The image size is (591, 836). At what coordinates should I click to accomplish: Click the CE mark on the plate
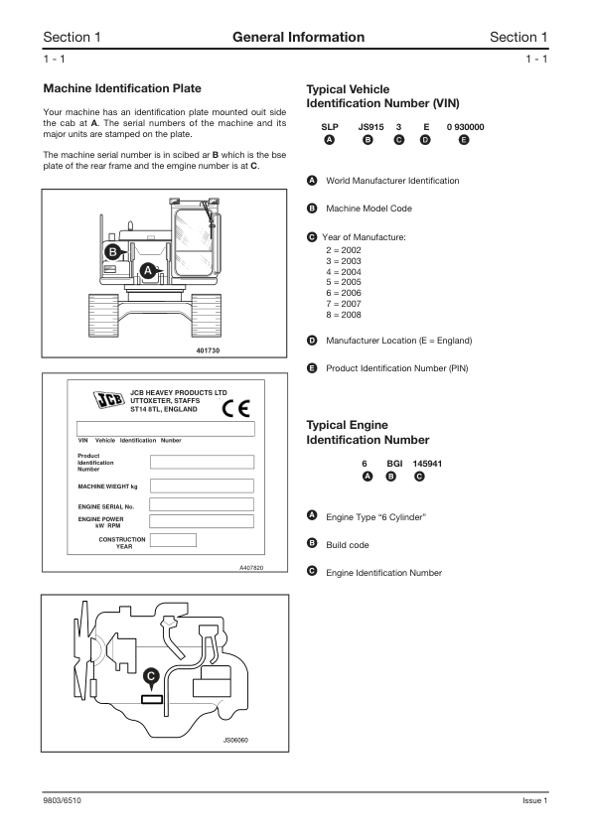pos(235,408)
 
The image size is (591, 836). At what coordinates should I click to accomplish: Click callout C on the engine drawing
pos(150,675)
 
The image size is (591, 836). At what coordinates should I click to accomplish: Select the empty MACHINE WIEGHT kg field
pos(202,486)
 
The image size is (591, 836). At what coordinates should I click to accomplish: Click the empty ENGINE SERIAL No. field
pos(202,505)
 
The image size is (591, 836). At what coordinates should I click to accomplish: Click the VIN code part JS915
pos(369,127)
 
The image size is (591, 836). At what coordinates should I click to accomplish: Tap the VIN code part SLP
pos(330,127)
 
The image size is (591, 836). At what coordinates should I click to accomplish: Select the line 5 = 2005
pos(336,282)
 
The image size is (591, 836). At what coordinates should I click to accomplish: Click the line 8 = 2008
pos(336,315)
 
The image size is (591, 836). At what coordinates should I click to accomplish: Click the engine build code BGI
pos(392,463)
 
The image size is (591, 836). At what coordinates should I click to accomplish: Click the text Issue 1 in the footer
pos(534,800)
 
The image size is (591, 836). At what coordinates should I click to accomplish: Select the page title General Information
pos(297,38)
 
